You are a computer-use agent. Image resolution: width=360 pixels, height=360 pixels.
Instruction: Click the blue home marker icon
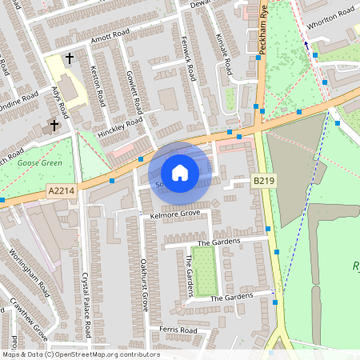pyautogui.click(x=180, y=173)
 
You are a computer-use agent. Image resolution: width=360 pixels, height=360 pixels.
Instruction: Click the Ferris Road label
pyautogui.click(x=178, y=330)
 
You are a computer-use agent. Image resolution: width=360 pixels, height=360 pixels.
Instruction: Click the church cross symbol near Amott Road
pyautogui.click(x=70, y=58)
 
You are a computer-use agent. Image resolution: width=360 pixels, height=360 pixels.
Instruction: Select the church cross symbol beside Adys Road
pyautogui.click(x=55, y=125)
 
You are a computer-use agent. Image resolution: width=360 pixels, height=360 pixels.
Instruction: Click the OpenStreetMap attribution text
pyautogui.click(x=81, y=354)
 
